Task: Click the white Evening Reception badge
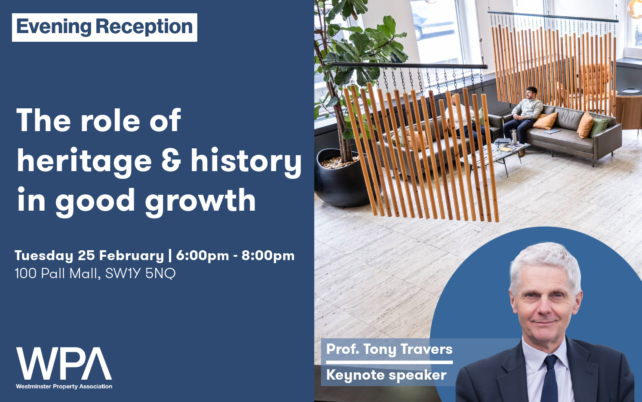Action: tap(104, 27)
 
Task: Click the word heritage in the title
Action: tap(84, 161)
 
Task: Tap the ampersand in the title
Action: tap(171, 160)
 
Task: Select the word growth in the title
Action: tap(200, 201)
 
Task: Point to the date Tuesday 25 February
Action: tap(89, 255)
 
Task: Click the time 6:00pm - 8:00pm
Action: tap(235, 255)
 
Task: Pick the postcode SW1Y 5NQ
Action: tap(140, 273)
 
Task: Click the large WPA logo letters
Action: tap(64, 364)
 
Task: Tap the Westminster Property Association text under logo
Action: tap(64, 387)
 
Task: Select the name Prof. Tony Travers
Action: tap(389, 349)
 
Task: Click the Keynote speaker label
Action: tap(386, 375)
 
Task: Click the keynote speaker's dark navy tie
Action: tap(550, 378)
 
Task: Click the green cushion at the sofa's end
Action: tap(599, 126)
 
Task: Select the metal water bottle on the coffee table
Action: tap(513, 138)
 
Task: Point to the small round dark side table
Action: tap(630, 91)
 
